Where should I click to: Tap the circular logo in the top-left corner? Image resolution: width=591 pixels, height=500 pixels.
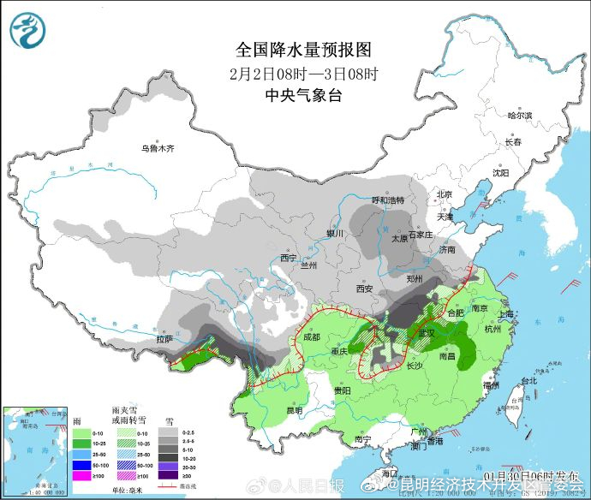[x=28, y=30]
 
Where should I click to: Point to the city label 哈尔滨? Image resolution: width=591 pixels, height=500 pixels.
[x=519, y=115]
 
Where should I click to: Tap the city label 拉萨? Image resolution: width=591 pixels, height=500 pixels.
[x=164, y=339]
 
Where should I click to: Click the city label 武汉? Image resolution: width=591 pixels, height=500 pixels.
[x=428, y=332]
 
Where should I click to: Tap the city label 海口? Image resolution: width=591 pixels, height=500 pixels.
[x=390, y=473]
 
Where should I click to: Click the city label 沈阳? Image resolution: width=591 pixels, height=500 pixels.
[x=500, y=172]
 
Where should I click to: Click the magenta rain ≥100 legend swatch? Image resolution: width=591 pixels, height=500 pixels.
[x=81, y=475]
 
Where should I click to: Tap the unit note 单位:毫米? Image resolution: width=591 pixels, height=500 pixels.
[x=128, y=489]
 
